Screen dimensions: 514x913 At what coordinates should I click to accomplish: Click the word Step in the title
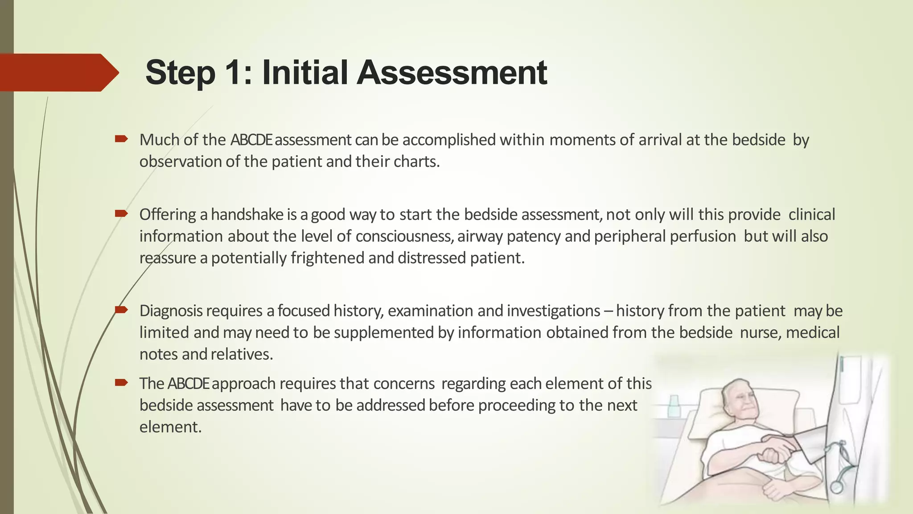pyautogui.click(x=181, y=73)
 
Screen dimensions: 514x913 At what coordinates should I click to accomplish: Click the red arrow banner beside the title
pyautogui.click(x=58, y=73)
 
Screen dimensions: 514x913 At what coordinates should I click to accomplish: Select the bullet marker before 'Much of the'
pyautogui.click(x=121, y=139)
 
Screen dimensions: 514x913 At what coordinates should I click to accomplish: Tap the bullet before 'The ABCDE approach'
pyautogui.click(x=121, y=382)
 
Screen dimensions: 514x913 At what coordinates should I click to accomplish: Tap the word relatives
pyautogui.click(x=241, y=354)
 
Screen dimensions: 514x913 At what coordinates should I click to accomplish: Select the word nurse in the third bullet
pyautogui.click(x=760, y=332)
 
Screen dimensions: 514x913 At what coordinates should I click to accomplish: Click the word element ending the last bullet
pyautogui.click(x=170, y=427)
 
